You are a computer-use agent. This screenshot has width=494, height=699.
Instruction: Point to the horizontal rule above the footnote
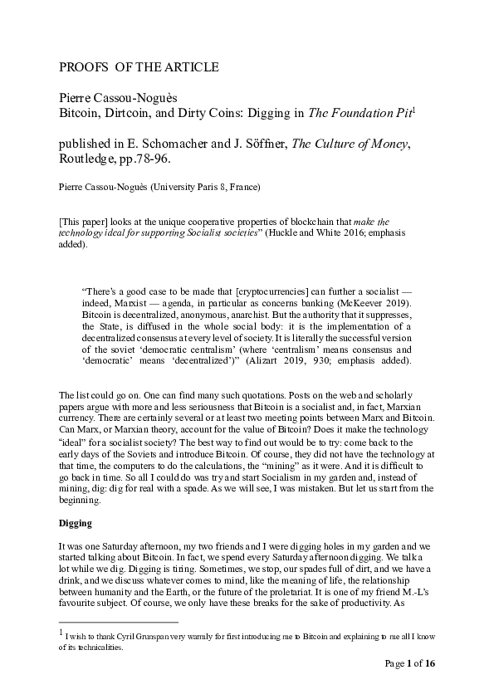[118, 621]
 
